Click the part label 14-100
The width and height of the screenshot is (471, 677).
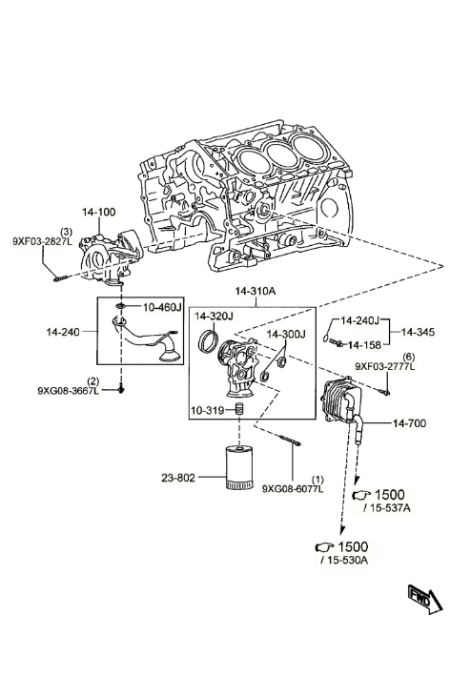pos(98,212)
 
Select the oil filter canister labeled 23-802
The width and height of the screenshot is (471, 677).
pos(238,467)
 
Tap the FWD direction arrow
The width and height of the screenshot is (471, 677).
pos(425,599)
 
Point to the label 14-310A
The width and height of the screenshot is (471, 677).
pos(256,291)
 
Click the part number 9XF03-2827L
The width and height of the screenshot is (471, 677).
pos(42,241)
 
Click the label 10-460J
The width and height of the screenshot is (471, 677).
pos(162,307)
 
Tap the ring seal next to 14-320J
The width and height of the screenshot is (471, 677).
pos(207,339)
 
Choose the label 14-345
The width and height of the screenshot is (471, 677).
pos(418,332)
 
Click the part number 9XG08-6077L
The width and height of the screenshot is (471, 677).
pos(293,489)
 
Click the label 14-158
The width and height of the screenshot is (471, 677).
pos(364,345)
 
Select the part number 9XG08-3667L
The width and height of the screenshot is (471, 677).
pos(69,391)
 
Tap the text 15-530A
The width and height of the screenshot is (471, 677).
pos(348,561)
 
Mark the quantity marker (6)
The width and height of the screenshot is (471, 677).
pos(408,357)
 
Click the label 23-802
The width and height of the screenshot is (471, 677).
pos(178,478)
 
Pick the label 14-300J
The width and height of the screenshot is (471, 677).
pos(286,334)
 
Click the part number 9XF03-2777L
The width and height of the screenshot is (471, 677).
pos(385,366)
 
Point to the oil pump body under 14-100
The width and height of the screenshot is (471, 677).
pos(108,259)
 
